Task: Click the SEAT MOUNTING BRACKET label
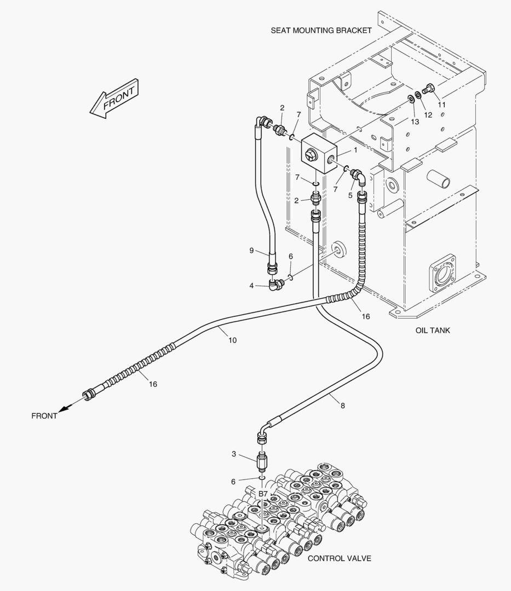(321, 31)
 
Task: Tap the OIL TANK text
(432, 331)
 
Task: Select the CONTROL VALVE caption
(339, 559)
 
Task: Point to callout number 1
(355, 149)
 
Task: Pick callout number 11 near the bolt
(441, 104)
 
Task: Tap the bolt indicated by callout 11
(429, 88)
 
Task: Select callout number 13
(415, 121)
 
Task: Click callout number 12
(428, 115)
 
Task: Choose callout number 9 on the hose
(251, 251)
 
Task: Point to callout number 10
(232, 340)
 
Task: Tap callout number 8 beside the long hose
(342, 406)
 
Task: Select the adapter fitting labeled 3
(262, 462)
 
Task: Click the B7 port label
(263, 494)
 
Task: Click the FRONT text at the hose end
(44, 416)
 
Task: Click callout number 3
(234, 454)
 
